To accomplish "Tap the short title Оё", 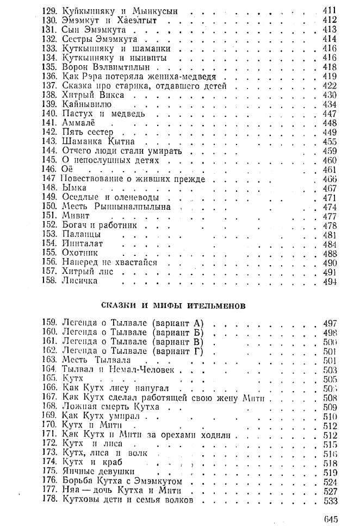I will coord(68,169).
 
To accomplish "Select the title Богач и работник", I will coord(100,225).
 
